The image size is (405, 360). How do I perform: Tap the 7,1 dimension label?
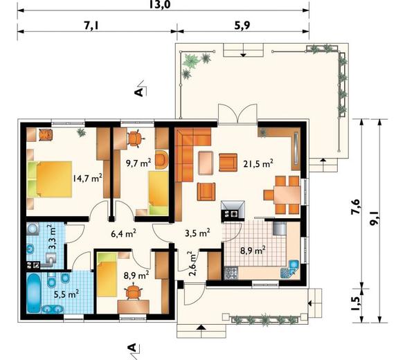(91, 26)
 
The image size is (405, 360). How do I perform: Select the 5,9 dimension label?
(242, 26)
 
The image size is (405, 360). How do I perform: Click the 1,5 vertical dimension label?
(356, 303)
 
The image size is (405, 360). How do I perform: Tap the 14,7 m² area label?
(87, 178)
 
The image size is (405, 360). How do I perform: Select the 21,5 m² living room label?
(258, 163)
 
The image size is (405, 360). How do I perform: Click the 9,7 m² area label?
(138, 163)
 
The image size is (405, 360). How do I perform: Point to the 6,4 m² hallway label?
(123, 233)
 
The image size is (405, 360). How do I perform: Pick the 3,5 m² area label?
(197, 233)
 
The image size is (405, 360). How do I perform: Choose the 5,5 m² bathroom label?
(66, 294)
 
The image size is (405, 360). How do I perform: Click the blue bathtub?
(34, 293)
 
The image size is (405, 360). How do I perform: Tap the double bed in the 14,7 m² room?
(49, 179)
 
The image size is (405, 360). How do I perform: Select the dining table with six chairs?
(282, 195)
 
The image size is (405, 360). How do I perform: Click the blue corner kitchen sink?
(290, 269)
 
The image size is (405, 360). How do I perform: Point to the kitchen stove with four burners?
(231, 273)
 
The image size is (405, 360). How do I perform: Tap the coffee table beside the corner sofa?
(206, 163)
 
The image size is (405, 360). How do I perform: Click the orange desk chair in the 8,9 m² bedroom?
(134, 291)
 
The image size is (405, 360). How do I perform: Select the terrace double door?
(237, 115)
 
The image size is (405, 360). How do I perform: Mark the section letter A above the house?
(139, 91)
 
